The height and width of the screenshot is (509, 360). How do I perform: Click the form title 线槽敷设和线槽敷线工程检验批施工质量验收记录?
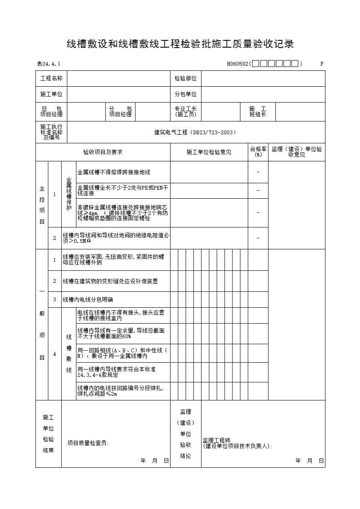[180, 44]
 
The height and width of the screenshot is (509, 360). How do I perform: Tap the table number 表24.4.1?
[49, 64]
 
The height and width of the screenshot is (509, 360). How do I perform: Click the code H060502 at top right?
[238, 64]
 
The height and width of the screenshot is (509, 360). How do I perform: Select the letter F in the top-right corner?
[322, 64]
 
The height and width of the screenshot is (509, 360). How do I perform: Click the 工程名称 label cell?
[51, 79]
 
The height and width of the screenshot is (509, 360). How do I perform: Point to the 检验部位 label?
[186, 79]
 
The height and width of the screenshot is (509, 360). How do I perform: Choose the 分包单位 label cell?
[186, 94]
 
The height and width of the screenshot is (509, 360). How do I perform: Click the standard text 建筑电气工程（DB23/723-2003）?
[195, 133]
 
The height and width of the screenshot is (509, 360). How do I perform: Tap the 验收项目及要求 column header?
[103, 152]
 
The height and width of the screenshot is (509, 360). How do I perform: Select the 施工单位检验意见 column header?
[209, 152]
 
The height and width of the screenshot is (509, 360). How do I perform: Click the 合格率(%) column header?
[258, 152]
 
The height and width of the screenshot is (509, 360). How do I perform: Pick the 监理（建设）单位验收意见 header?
[296, 152]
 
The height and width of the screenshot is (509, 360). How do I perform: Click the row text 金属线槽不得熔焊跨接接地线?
[114, 172]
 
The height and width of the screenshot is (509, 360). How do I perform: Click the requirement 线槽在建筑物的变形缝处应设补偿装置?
[110, 281]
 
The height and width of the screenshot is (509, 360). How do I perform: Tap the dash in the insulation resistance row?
[258, 238]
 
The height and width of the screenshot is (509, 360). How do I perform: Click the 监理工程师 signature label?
[217, 440]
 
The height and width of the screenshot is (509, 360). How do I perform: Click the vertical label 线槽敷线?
[69, 354]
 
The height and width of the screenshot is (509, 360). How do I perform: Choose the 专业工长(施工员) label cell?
[186, 112]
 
